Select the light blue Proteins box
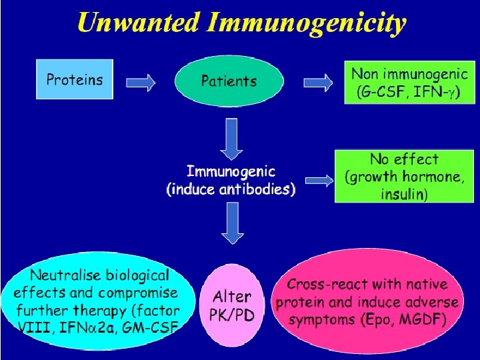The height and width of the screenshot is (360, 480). [75, 79]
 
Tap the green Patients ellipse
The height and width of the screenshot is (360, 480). [229, 81]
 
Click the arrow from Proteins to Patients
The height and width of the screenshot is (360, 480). [141, 82]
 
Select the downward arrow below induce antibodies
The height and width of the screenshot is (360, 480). [232, 223]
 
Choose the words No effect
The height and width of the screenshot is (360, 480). [404, 159]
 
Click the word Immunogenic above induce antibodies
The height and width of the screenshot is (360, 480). [231, 171]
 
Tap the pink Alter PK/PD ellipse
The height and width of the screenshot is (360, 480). [232, 305]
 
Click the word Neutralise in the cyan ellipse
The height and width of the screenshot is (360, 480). [65, 275]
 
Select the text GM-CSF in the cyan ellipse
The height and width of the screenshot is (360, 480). [154, 327]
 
